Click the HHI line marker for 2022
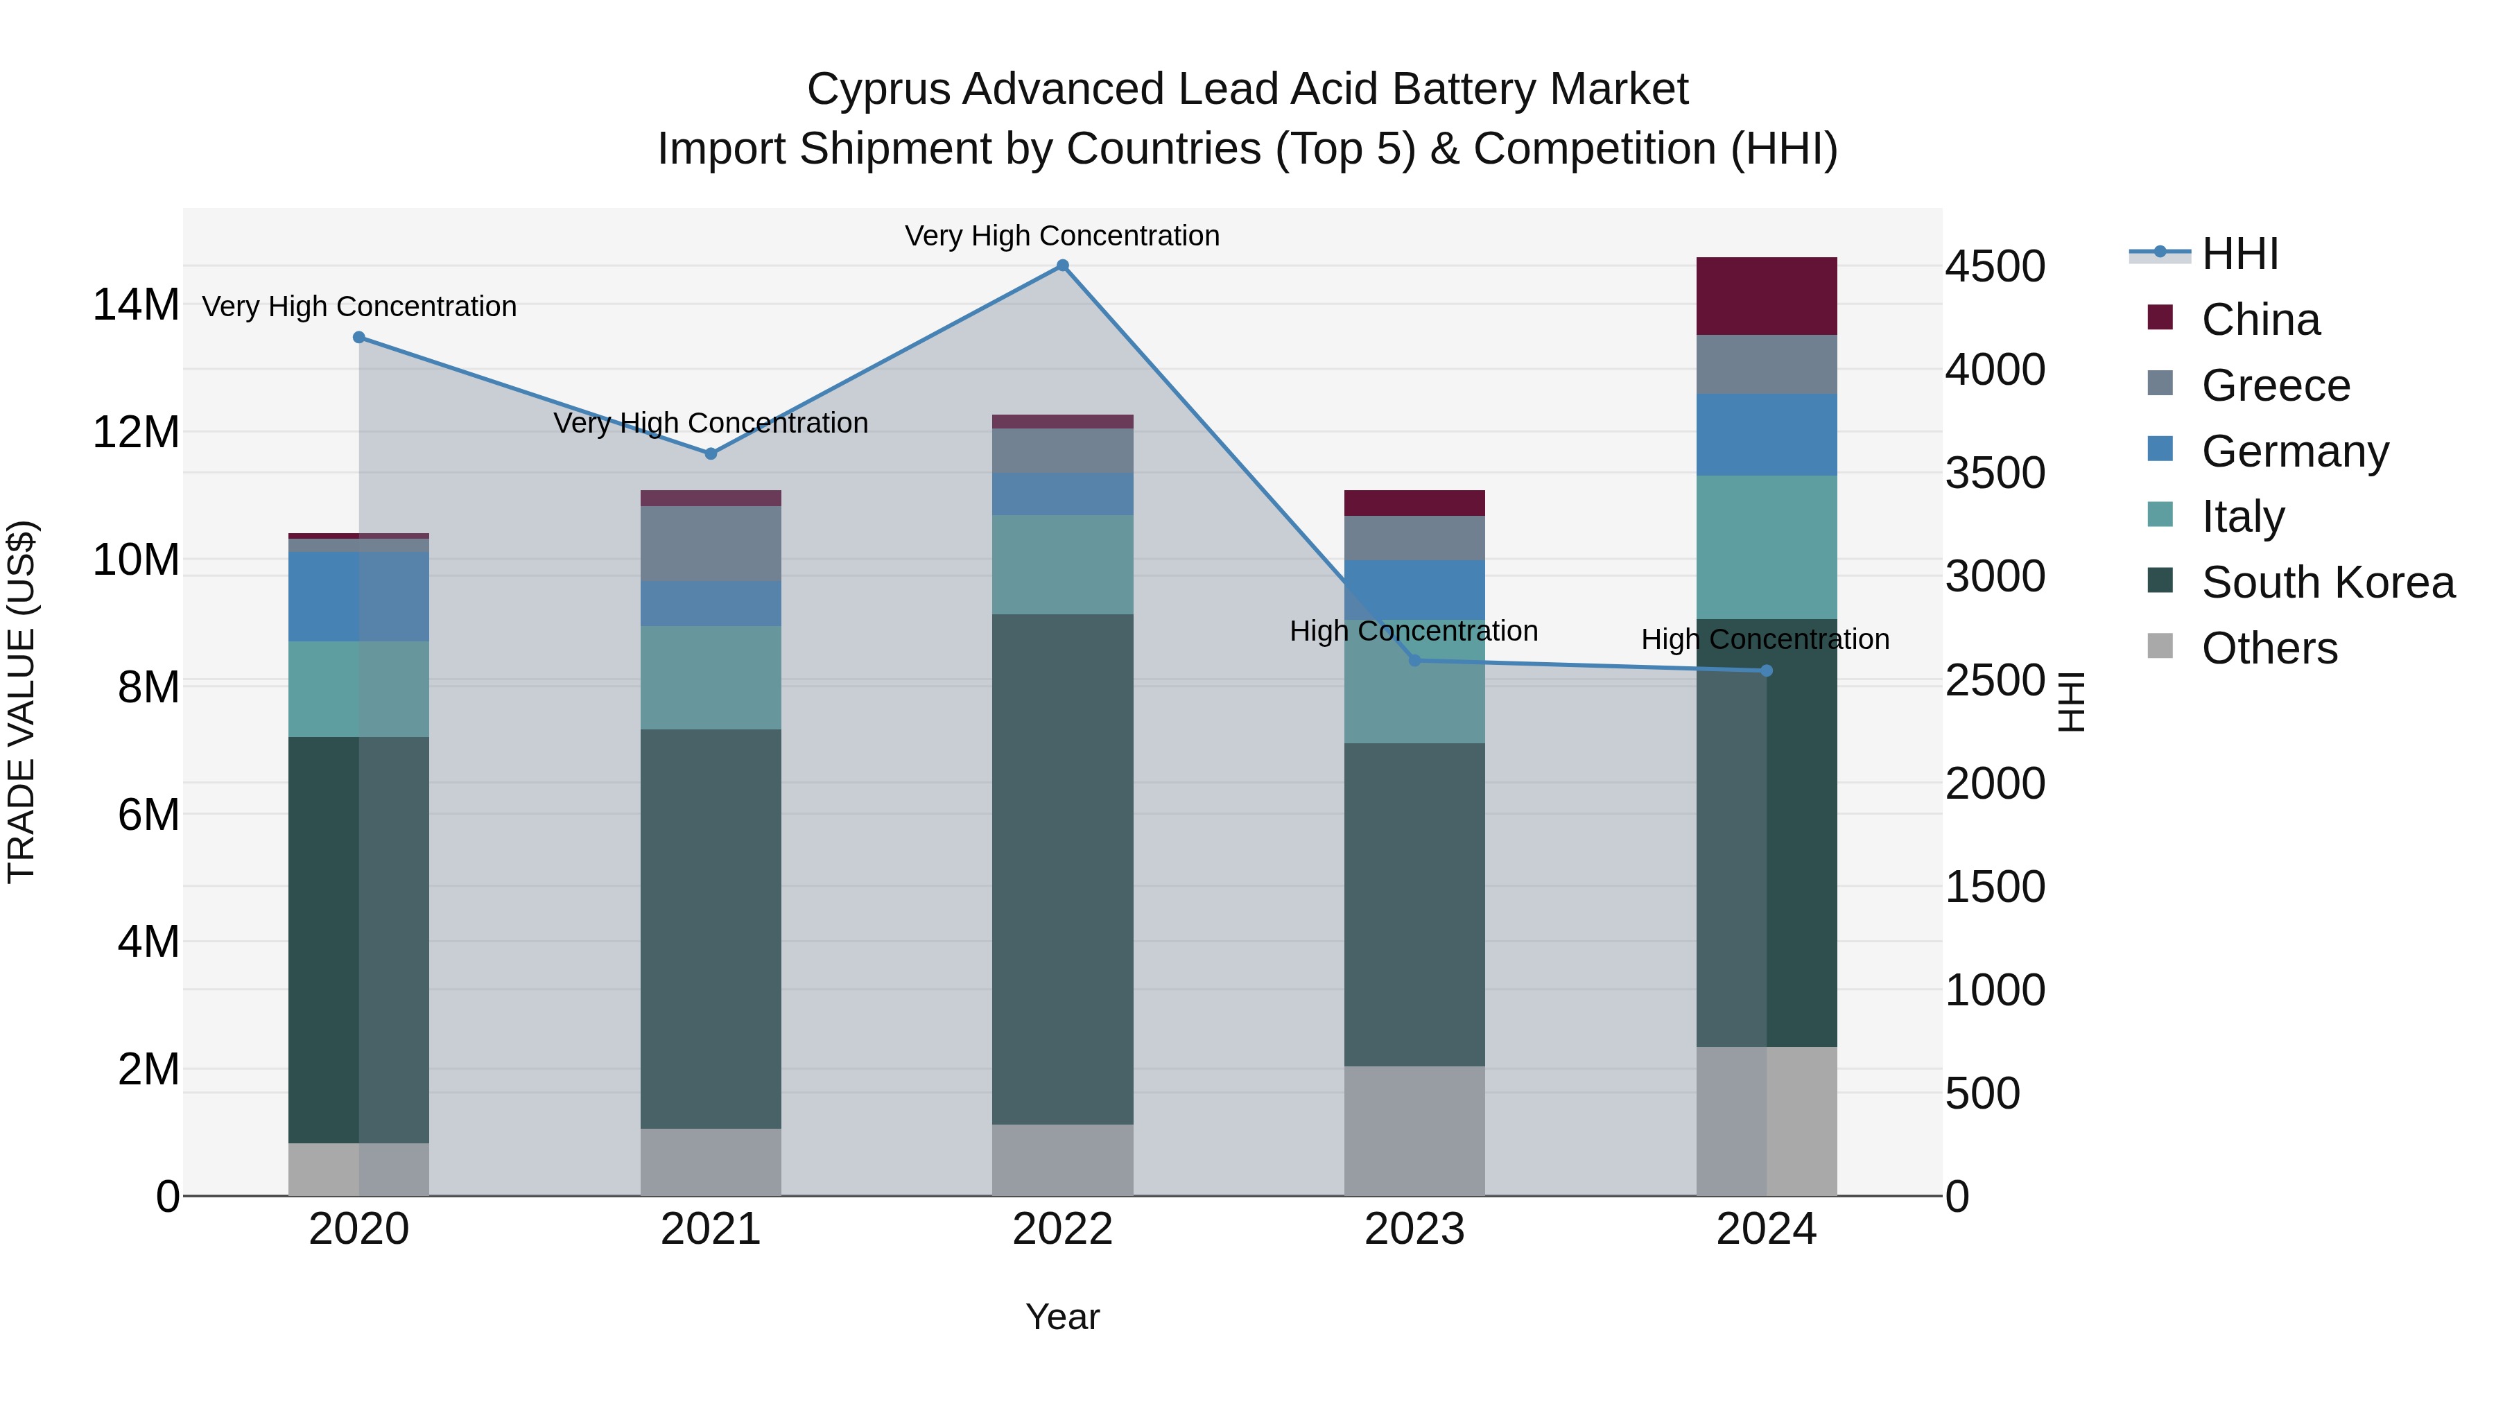pos(1062,266)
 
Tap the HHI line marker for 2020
pos(358,337)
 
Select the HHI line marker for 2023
pos(1414,660)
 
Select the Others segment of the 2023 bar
pos(1414,1130)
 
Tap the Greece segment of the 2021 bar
pos(710,543)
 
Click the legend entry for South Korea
pos(2328,582)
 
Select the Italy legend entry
pos(2242,517)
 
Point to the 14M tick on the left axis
pos(136,305)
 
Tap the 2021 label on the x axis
pos(710,1229)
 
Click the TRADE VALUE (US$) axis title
pos(21,702)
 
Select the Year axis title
pos(1062,1317)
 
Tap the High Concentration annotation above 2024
pos(1765,639)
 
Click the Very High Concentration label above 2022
pos(1062,236)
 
